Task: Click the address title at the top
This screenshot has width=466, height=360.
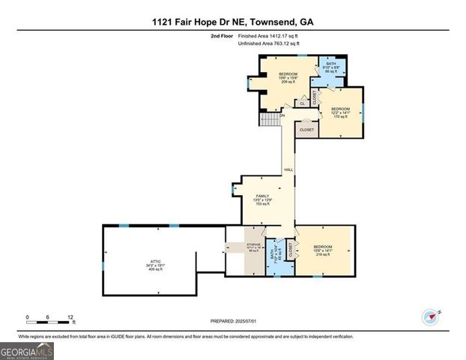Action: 232,22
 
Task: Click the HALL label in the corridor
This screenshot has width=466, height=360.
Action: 288,170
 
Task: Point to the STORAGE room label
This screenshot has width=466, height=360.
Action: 253,247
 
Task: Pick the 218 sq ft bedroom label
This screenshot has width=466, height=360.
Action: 323,250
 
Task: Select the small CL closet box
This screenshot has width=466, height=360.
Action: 301,103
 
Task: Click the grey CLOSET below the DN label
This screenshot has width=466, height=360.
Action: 306,130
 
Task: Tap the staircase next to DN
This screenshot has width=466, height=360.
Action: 267,120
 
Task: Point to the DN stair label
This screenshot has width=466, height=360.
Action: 283,115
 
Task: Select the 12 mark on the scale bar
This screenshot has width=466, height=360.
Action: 70,317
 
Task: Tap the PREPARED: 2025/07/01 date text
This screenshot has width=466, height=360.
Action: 232,322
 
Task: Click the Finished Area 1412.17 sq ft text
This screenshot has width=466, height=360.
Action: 268,35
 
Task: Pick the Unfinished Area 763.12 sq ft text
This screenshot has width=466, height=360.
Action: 268,44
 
